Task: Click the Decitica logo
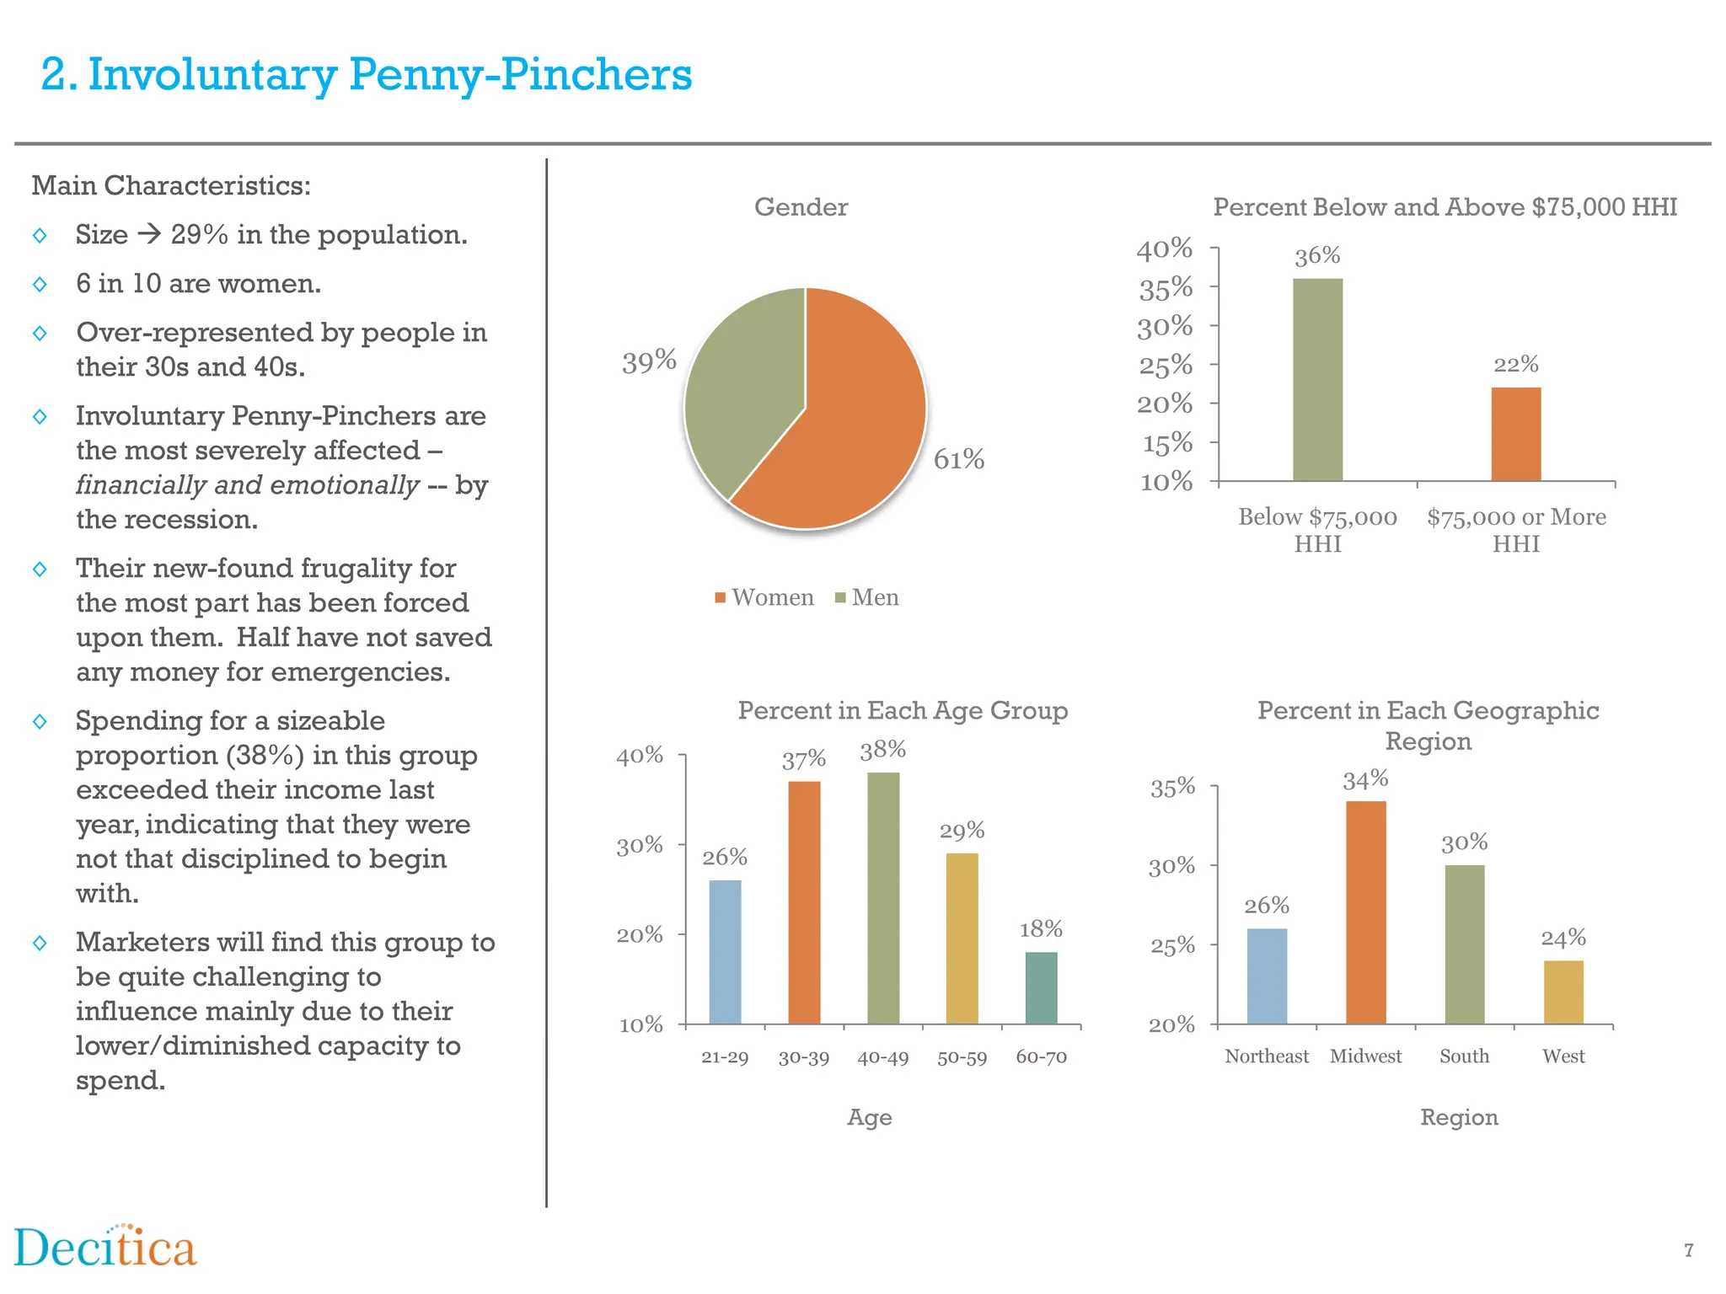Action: point(105,1248)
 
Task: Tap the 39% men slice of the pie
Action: point(742,379)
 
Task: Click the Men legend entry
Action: point(867,597)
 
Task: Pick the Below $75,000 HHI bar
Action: point(1317,379)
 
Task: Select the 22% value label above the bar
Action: point(1515,364)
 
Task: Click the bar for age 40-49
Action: point(882,897)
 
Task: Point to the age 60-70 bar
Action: point(1041,987)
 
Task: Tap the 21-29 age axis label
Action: point(725,1056)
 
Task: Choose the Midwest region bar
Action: point(1365,912)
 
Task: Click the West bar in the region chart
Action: point(1563,992)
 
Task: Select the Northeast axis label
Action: point(1266,1056)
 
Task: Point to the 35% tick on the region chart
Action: point(1172,787)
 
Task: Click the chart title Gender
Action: point(801,207)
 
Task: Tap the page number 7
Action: point(1688,1250)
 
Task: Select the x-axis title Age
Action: point(869,1117)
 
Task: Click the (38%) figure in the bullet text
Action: point(265,755)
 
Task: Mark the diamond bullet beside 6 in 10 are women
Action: point(40,284)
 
